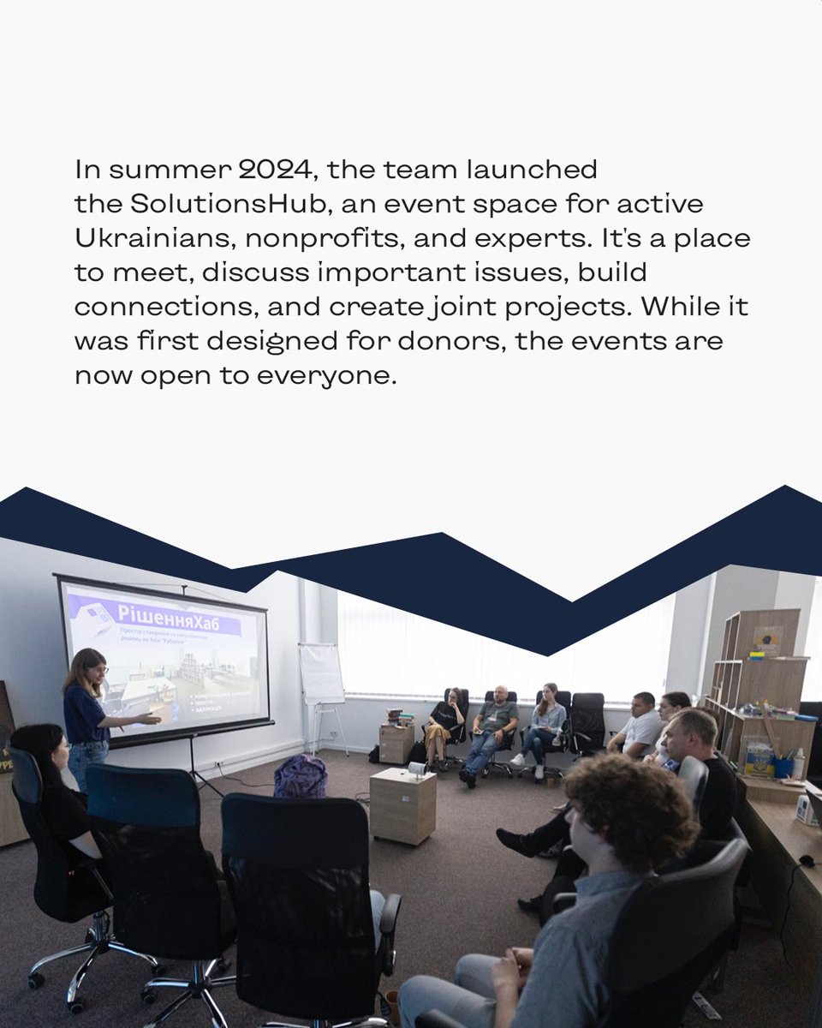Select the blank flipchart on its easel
[x=321, y=673]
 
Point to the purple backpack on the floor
[x=301, y=776]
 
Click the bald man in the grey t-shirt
[x=497, y=720]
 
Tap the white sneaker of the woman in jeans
[x=518, y=759]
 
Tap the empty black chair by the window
[x=587, y=720]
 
